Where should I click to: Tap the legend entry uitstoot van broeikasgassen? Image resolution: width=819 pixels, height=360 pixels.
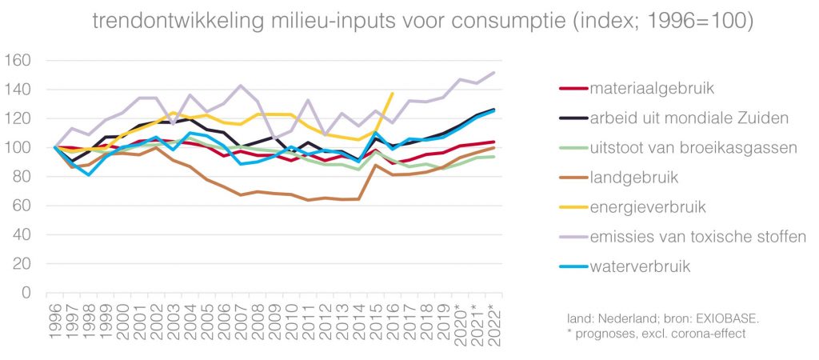tap(681, 147)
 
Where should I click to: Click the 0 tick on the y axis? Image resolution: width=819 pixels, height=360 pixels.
tap(26, 293)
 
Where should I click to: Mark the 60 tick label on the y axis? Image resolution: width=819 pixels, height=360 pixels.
tap(22, 206)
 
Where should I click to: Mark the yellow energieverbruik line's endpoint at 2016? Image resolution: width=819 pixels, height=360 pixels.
tap(392, 93)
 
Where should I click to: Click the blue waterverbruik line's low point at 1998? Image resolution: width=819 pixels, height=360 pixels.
tap(90, 174)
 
